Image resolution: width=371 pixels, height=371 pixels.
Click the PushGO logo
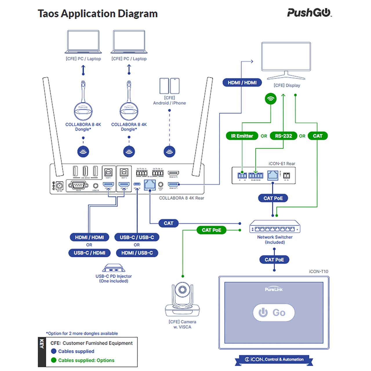pyautogui.click(x=309, y=13)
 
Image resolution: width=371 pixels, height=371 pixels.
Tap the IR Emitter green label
pyautogui.click(x=242, y=136)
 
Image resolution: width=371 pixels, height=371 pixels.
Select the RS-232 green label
pyautogui.click(x=283, y=136)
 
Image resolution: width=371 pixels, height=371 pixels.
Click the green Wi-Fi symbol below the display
pyautogui.click(x=271, y=99)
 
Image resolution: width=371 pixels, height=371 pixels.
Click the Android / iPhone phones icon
pyautogui.click(x=170, y=86)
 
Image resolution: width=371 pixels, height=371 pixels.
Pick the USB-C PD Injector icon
pyautogui.click(x=114, y=268)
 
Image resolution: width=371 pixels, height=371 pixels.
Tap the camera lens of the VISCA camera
pyautogui.click(x=182, y=290)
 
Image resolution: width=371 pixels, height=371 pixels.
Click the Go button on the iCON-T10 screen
pyautogui.click(x=274, y=312)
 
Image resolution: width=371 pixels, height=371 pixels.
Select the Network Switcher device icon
pyautogui.click(x=275, y=227)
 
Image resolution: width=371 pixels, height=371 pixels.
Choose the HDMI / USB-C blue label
pyautogui.click(x=137, y=253)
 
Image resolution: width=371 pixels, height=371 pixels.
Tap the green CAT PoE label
pyautogui.click(x=211, y=230)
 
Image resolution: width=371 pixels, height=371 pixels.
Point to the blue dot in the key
pyautogui.click(x=54, y=351)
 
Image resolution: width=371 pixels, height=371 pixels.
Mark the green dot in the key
pyautogui.click(x=54, y=360)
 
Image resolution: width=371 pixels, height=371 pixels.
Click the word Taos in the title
pyautogui.click(x=48, y=14)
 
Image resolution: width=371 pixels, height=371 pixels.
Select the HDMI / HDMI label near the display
pyautogui.click(x=242, y=83)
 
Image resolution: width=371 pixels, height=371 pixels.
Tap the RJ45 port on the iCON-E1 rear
pyautogui.click(x=272, y=175)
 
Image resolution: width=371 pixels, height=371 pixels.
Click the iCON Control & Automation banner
pyautogui.click(x=274, y=359)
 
